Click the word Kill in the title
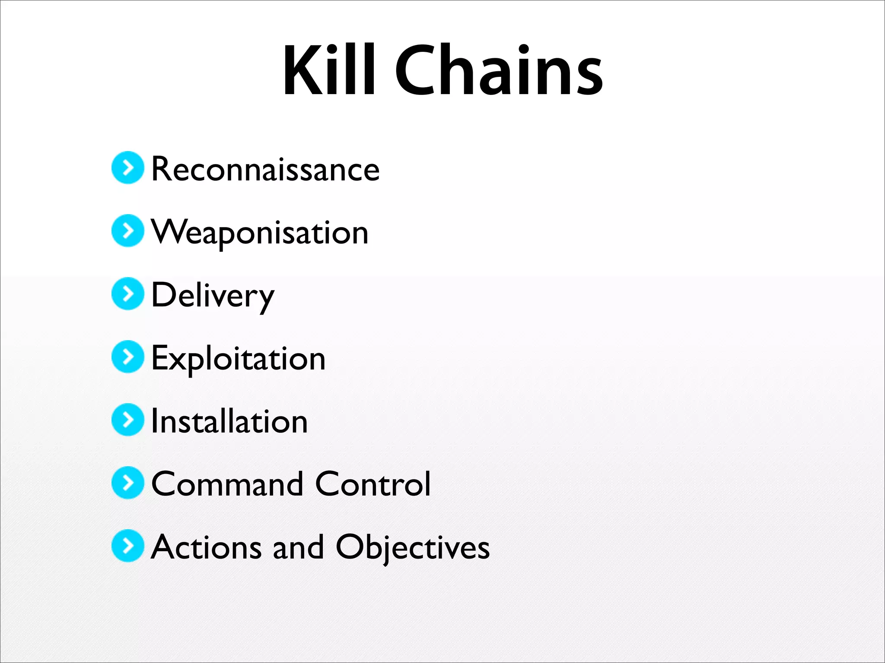coord(328,70)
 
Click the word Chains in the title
coord(499,70)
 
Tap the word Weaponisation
coord(259,232)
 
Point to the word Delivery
coord(213,295)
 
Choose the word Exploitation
coord(238,358)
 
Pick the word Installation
coord(229,421)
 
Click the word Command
coord(227,484)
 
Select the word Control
coord(373,484)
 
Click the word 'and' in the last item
coord(298,547)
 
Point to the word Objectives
coord(413,547)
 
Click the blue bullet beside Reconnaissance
coord(127,167)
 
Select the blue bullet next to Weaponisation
coord(127,230)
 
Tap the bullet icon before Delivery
coord(127,294)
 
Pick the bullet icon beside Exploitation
coord(127,357)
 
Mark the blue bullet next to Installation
coord(127,420)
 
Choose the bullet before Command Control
coord(127,483)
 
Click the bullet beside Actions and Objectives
coord(127,546)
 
